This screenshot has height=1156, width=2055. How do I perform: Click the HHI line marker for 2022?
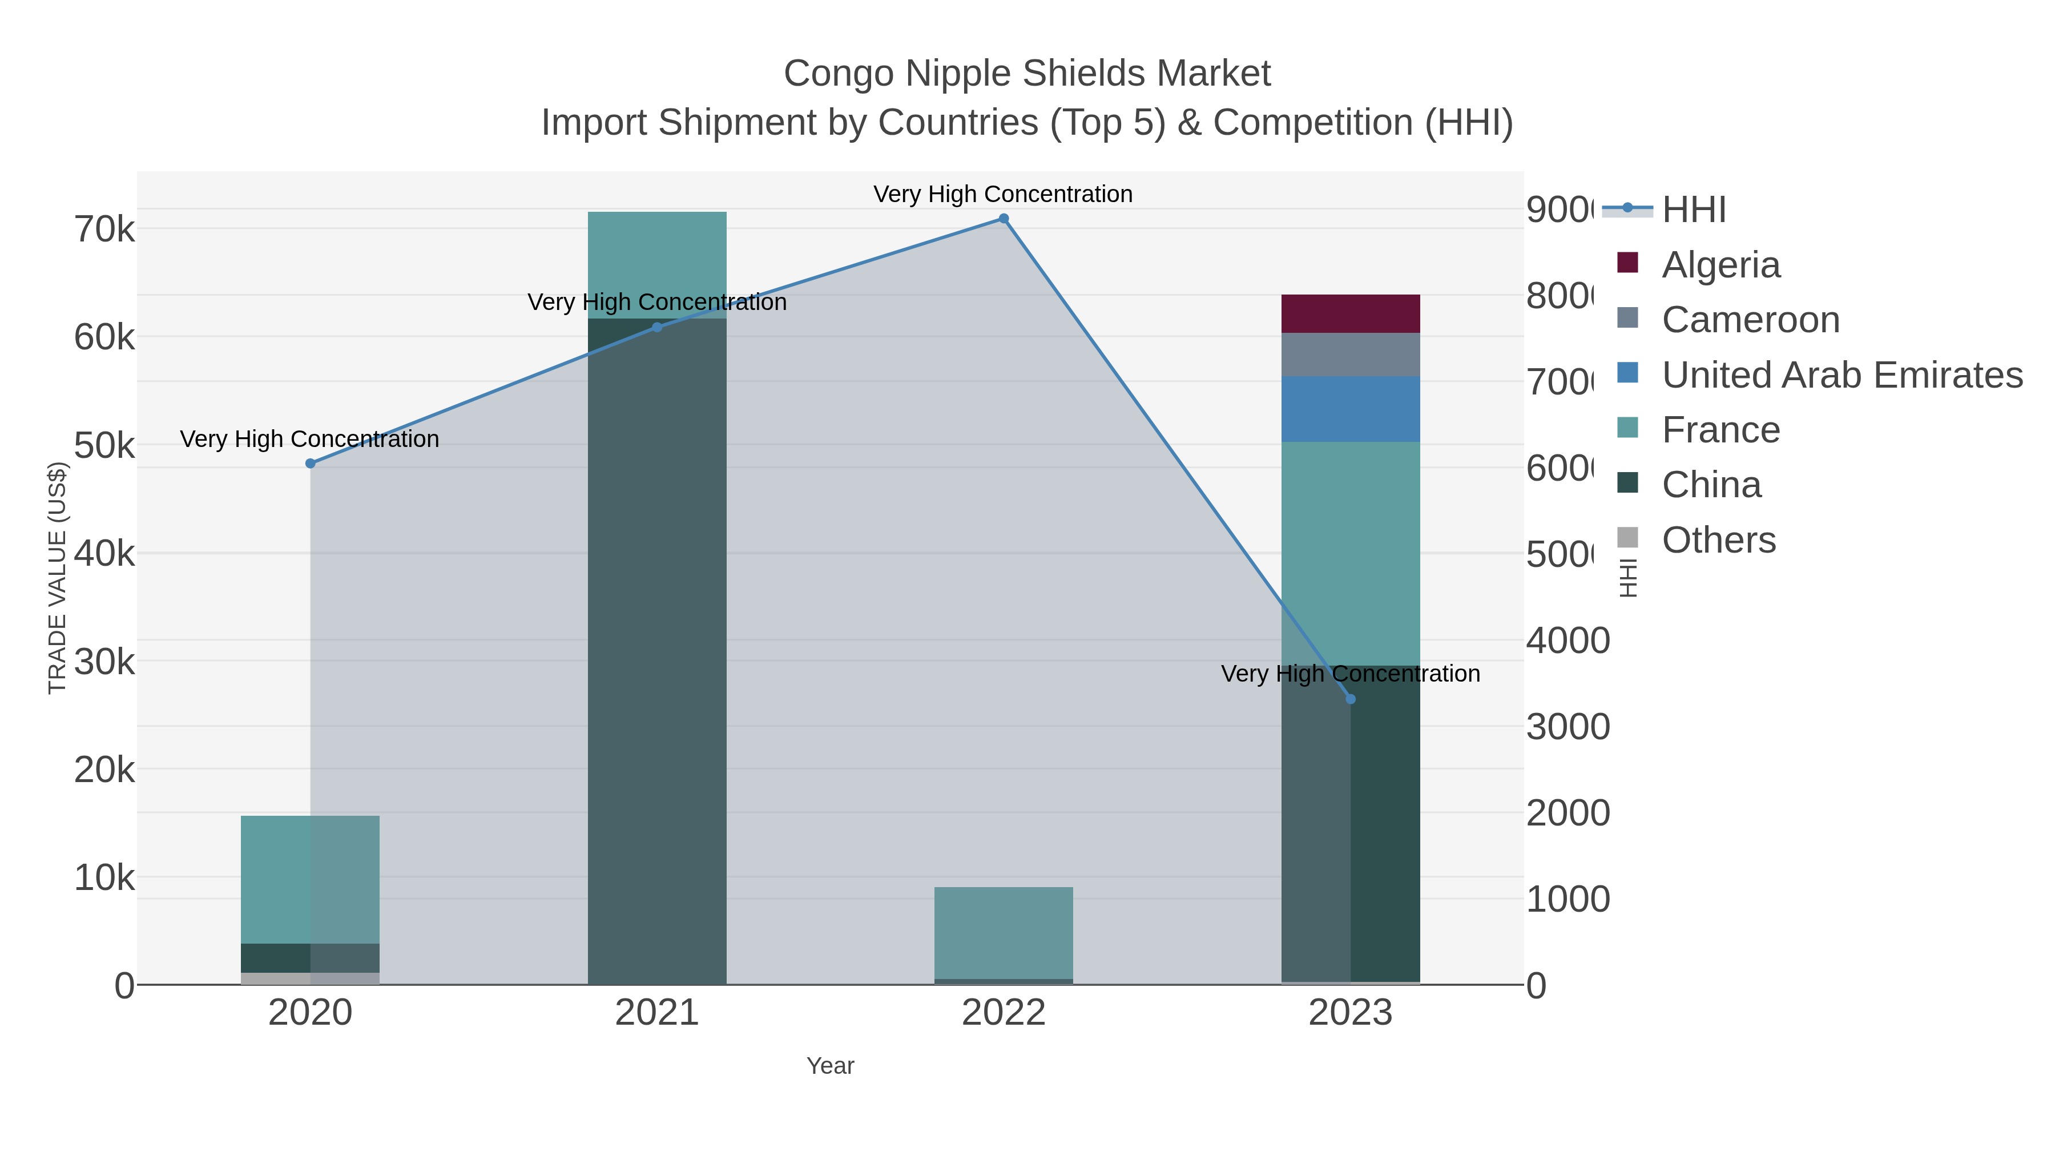click(x=1004, y=219)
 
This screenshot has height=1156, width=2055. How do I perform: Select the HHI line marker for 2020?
click(x=311, y=464)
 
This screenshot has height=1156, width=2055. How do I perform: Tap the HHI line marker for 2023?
click(x=1351, y=699)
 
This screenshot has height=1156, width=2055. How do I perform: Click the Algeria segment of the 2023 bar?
click(x=1351, y=313)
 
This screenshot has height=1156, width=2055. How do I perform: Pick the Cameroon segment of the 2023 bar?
click(x=1351, y=354)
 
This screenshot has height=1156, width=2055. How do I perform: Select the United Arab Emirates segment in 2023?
click(x=1351, y=409)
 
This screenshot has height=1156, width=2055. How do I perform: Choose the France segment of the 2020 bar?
click(x=311, y=879)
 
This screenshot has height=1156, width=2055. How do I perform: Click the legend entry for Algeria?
click(x=1720, y=264)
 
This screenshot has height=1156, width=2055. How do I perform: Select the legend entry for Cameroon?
click(x=1750, y=319)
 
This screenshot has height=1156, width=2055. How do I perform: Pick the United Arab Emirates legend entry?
click(x=1841, y=374)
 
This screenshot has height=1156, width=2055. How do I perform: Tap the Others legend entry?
click(x=1718, y=539)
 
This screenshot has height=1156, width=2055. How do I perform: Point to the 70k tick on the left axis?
click(x=104, y=229)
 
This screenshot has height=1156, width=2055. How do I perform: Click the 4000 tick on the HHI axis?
click(x=1568, y=641)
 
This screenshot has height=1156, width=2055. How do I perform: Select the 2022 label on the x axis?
click(x=1004, y=1012)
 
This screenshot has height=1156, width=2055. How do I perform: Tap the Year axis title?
click(x=829, y=1066)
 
